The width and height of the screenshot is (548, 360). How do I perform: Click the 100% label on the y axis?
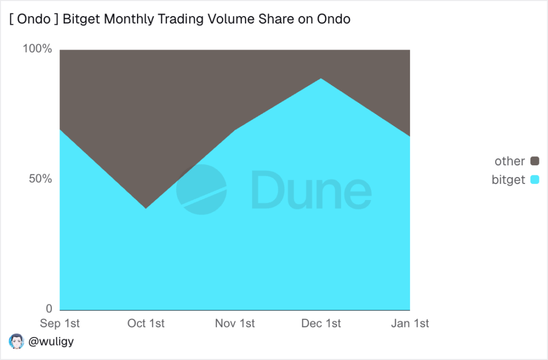(37, 49)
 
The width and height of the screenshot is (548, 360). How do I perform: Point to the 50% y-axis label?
(40, 179)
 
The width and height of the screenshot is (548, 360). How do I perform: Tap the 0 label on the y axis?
(48, 309)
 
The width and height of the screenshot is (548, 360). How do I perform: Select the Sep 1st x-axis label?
(60, 324)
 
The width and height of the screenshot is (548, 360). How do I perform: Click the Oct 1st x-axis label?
(146, 324)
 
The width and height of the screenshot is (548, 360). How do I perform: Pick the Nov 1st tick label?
(234, 324)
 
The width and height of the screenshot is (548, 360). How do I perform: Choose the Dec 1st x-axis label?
(321, 324)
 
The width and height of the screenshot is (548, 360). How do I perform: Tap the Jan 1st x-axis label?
(409, 324)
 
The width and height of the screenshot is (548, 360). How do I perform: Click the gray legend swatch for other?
(534, 161)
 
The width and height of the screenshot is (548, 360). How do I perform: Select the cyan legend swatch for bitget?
(534, 180)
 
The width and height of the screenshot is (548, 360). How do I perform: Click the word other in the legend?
(509, 161)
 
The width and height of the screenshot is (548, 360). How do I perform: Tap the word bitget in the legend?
(508, 180)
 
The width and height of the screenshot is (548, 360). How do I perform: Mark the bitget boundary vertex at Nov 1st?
(234, 130)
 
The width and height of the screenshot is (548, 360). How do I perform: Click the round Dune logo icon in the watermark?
(201, 189)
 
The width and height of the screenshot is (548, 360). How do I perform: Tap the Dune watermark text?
(310, 190)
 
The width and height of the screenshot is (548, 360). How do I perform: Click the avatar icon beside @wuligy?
(17, 341)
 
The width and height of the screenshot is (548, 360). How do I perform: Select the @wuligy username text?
(50, 341)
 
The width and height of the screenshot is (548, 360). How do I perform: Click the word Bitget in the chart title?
(81, 20)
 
